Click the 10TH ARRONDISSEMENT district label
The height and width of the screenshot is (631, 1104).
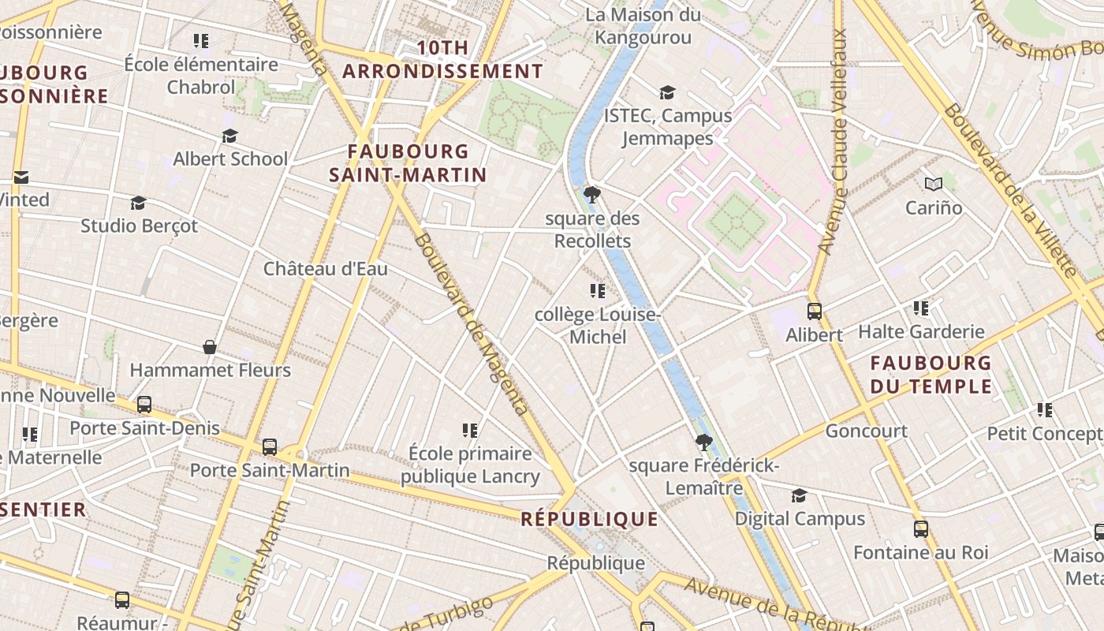click(x=442, y=59)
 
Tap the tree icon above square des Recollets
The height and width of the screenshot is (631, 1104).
click(x=591, y=194)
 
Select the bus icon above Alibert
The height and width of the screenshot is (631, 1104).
click(x=815, y=311)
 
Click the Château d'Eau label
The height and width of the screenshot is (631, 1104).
click(x=325, y=269)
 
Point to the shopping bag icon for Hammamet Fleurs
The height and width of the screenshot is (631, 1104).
click(x=210, y=346)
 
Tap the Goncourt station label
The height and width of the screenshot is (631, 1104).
click(x=866, y=431)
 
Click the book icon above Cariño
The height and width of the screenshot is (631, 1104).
click(x=934, y=184)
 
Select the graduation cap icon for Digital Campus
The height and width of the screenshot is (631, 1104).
click(x=799, y=495)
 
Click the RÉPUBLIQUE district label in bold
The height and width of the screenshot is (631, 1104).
click(x=589, y=519)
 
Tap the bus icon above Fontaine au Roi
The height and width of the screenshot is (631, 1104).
click(x=920, y=528)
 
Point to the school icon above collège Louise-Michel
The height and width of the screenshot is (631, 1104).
click(x=598, y=291)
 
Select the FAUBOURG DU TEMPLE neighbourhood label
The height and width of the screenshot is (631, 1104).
click(x=931, y=375)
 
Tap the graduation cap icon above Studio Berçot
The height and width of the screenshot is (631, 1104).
click(x=139, y=203)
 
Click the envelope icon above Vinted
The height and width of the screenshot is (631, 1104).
click(x=21, y=177)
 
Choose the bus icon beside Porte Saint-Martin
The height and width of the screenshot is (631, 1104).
click(x=270, y=447)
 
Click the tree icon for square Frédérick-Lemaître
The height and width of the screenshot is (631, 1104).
click(x=704, y=442)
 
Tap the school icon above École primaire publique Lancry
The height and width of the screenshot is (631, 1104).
click(x=470, y=430)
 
